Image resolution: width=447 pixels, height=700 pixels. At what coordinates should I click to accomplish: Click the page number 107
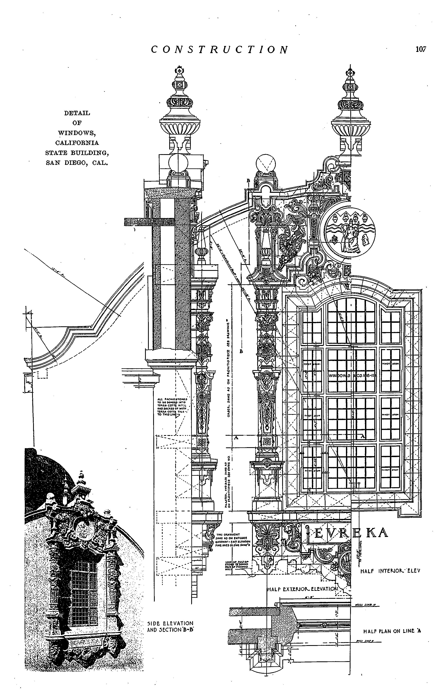coord(421,49)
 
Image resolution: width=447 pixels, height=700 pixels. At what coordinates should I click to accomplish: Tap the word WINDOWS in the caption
coord(77,133)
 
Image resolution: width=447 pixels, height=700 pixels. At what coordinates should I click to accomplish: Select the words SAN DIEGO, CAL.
coord(77,163)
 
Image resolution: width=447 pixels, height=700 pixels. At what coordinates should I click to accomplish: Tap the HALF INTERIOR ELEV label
coord(390,571)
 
